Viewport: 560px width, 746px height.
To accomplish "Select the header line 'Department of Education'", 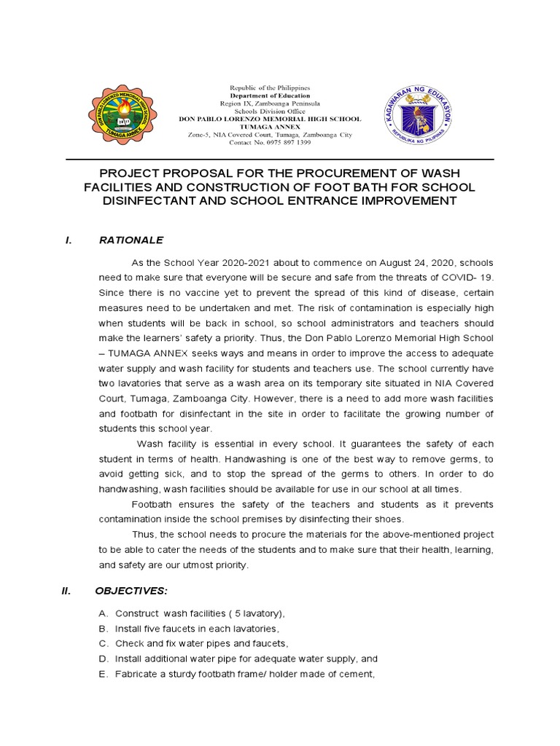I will click(270, 95).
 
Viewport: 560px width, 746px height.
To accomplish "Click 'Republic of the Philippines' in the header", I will click(270, 87).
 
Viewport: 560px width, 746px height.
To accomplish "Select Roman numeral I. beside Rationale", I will click(68, 240).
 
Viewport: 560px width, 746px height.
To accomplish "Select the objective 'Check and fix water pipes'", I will click(202, 644).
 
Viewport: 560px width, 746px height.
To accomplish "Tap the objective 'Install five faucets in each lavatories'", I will click(197, 629).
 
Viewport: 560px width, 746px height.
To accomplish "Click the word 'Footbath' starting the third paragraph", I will click(152, 505).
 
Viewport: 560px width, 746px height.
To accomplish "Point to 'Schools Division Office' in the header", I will click(270, 111).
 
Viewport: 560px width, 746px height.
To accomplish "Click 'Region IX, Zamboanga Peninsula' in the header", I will click(270, 103).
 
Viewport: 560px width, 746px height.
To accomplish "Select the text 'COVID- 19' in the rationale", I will click(470, 278).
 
